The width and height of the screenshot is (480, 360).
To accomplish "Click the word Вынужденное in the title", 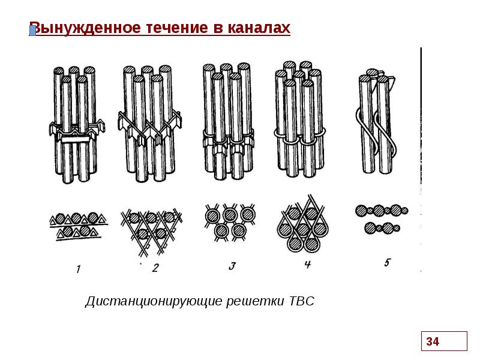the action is (x=86, y=28).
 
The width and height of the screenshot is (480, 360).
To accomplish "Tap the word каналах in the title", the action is (x=259, y=28).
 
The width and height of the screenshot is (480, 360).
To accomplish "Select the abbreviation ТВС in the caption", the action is (x=302, y=301).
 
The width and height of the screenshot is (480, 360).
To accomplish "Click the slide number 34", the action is (x=433, y=341).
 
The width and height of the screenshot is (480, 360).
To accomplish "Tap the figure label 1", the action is (x=79, y=269).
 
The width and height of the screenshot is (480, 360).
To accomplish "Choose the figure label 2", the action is (x=155, y=268).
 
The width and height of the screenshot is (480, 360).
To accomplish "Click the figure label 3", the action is (x=232, y=266).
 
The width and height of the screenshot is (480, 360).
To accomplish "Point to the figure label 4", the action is (x=308, y=265).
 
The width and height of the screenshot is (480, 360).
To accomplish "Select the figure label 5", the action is (x=387, y=263).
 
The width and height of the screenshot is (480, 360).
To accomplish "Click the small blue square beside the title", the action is (x=32, y=31).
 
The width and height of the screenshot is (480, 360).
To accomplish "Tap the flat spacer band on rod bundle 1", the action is (x=76, y=140).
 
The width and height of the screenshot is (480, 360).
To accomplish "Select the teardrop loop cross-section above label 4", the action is (x=303, y=225).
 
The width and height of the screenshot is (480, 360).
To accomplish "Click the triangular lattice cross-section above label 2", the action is (x=151, y=230).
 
